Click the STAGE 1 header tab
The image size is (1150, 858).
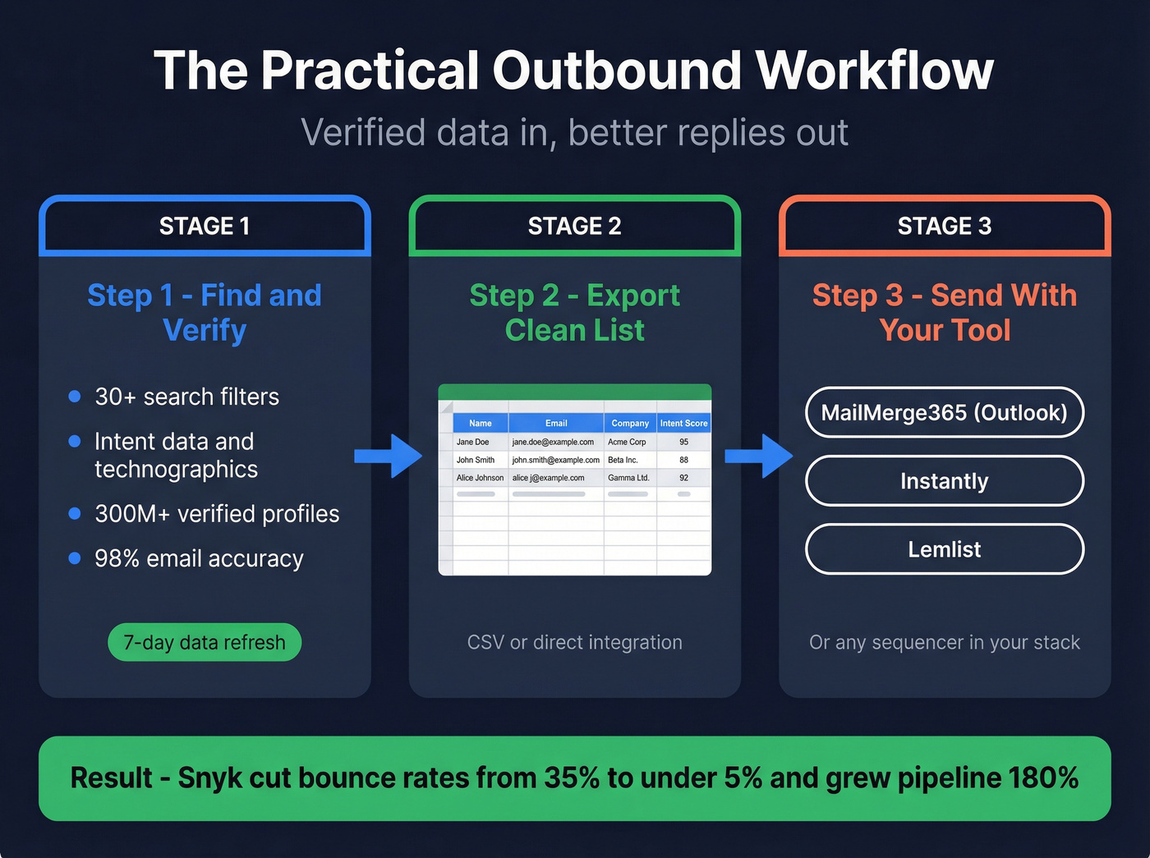point(205,226)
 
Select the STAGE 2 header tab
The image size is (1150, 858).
point(574,226)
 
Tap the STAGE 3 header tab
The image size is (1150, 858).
point(945,226)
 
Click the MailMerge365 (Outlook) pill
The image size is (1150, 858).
point(945,412)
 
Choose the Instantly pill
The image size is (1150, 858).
point(945,481)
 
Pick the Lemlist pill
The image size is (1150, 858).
point(945,549)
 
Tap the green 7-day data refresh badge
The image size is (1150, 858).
point(205,642)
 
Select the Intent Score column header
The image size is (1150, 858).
point(683,424)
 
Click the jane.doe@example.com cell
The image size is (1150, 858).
point(553,442)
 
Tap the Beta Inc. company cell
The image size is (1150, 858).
point(623,460)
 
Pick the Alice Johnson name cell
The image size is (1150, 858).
point(480,478)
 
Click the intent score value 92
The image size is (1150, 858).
point(683,478)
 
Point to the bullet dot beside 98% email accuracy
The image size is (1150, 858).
point(75,558)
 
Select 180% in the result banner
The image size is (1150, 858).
point(1043,778)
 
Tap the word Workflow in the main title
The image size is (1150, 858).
point(874,71)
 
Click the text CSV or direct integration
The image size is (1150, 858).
point(574,642)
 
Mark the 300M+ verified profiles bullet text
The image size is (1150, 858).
point(217,514)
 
